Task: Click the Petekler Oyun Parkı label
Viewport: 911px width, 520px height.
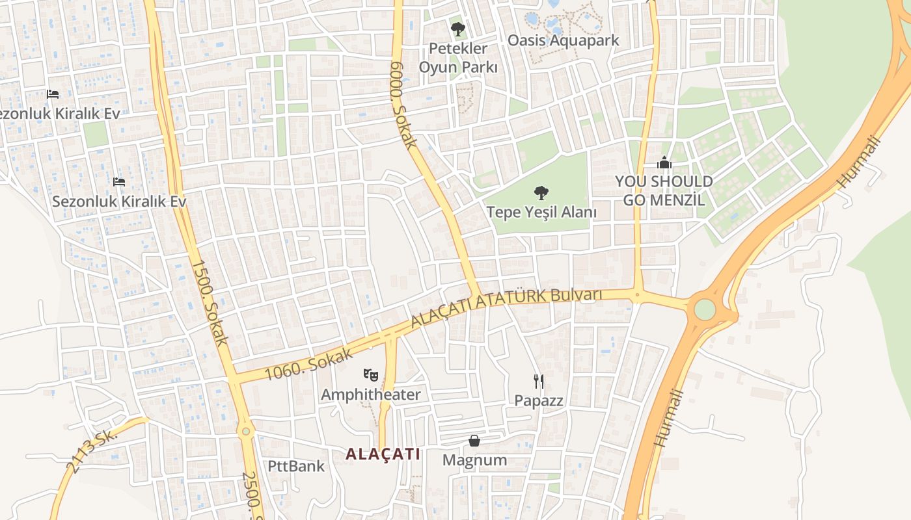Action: [x=458, y=58]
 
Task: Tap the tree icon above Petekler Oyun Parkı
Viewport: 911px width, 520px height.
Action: [x=458, y=29]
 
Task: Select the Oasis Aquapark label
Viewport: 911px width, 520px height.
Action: [x=564, y=40]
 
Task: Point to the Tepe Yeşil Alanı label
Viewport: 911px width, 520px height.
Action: [x=541, y=212]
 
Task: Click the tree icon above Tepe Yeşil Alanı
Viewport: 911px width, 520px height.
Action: [x=540, y=192]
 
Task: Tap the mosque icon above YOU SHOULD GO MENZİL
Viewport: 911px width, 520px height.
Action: [x=664, y=162]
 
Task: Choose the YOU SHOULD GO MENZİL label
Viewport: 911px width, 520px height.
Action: [x=664, y=190]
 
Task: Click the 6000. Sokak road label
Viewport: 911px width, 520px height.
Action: [x=403, y=105]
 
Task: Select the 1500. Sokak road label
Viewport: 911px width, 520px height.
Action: [x=210, y=302]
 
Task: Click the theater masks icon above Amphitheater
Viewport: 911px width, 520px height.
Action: [x=371, y=374]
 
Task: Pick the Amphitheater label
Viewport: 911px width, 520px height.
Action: [x=371, y=395]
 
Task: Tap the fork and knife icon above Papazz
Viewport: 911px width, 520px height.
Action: [x=539, y=381]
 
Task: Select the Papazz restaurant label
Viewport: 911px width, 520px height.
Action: [x=539, y=400]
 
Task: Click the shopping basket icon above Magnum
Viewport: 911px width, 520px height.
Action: [x=474, y=441]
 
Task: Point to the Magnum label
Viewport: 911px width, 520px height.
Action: [x=474, y=460]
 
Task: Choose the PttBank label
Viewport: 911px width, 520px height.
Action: [x=296, y=466]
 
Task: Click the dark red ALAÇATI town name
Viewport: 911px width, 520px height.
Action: [x=383, y=454]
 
